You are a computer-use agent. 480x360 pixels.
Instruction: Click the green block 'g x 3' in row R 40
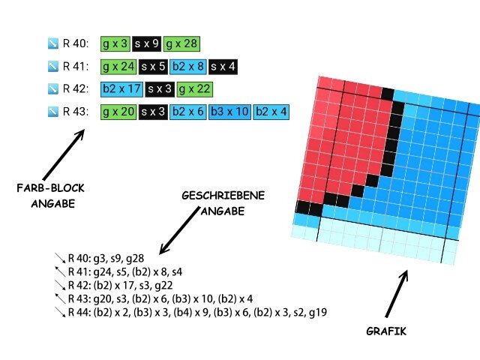[115, 43]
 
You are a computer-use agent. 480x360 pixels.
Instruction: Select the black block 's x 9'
[147, 43]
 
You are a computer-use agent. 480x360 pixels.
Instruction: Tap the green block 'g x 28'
[181, 43]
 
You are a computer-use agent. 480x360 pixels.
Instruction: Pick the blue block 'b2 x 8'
[188, 67]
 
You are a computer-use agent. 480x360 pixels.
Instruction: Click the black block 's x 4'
[223, 67]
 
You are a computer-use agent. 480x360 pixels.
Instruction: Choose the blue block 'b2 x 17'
[121, 89]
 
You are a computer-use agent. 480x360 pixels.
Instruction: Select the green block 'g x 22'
[194, 89]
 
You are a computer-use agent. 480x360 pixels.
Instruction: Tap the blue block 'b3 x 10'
[229, 112]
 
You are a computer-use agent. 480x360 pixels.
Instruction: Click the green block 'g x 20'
[118, 112]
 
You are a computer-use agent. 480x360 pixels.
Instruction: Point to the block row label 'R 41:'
[76, 67]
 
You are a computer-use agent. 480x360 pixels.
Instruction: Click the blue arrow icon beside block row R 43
[53, 112]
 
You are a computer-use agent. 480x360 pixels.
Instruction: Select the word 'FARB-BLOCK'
[50, 188]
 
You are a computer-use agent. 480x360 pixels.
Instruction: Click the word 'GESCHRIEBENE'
[223, 196]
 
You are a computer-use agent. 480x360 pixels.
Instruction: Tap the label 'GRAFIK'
[386, 331]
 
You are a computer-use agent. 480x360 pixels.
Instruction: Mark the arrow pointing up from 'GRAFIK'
[397, 293]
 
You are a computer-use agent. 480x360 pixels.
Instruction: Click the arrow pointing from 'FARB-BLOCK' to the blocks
[64, 154]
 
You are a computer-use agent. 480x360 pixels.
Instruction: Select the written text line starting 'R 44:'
[197, 312]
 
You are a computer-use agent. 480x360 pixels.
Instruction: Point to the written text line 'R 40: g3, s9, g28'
[106, 259]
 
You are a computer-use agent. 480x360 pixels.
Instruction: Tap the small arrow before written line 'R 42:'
[60, 285]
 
